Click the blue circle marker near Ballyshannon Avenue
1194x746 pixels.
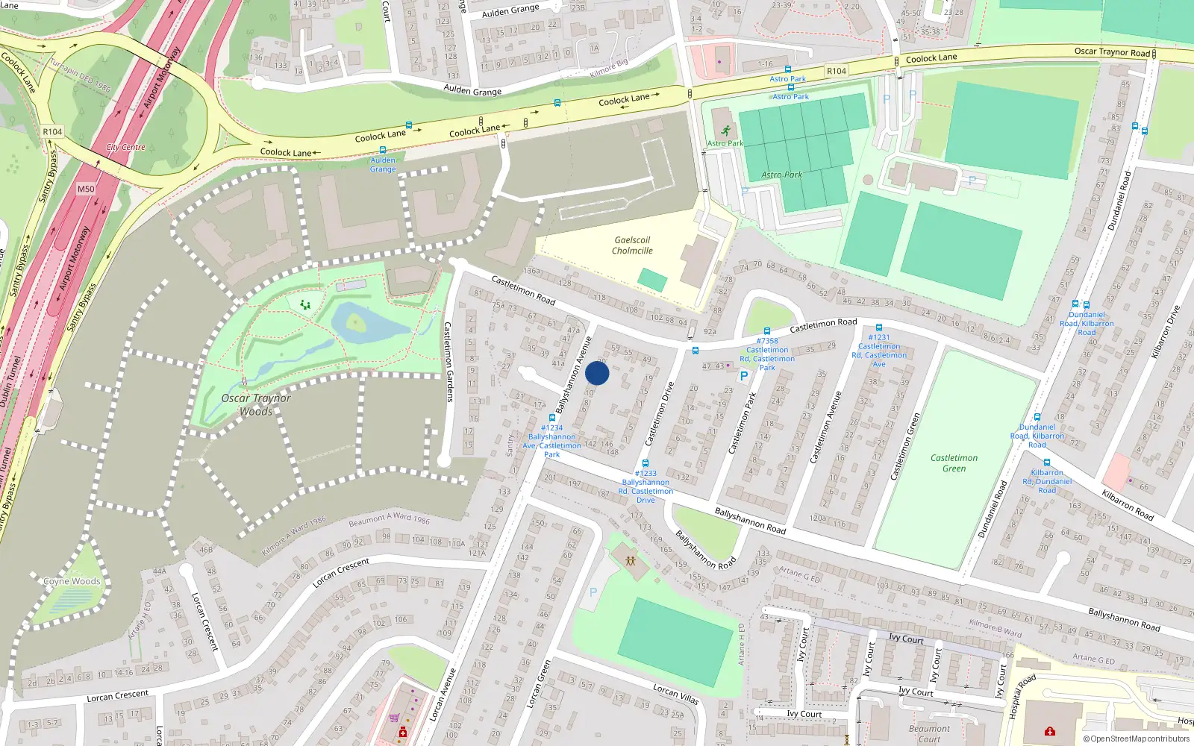tap(597, 373)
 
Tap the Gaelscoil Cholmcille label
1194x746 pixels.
tap(632, 245)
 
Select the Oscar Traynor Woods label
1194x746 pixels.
tap(256, 404)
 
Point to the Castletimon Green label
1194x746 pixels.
tap(954, 463)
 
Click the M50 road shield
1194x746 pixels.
tap(86, 189)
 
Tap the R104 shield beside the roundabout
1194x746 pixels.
tap(52, 132)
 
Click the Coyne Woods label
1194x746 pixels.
tap(72, 581)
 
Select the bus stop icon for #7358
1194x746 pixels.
tap(766, 331)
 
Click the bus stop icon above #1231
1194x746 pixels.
tap(878, 327)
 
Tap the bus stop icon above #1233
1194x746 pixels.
tap(646, 463)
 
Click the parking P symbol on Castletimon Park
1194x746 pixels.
tap(743, 376)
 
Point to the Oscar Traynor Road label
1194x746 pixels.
tap(1112, 51)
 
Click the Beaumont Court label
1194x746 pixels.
tap(929, 733)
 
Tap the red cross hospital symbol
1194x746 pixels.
tap(1049, 731)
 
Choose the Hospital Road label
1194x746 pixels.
tap(1022, 696)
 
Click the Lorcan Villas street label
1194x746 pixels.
tap(675, 694)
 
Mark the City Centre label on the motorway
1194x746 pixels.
tap(125, 147)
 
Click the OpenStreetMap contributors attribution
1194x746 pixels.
tap(1136, 739)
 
